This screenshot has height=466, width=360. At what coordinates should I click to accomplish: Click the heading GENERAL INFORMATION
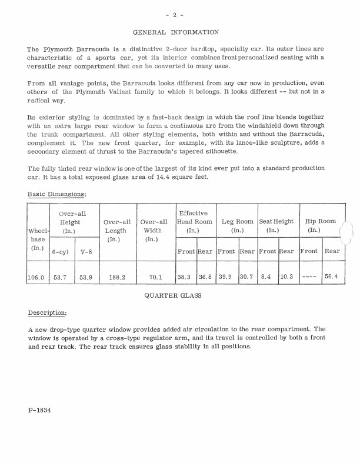pos(176,32)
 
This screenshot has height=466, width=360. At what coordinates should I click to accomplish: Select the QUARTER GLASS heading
pos(173,296)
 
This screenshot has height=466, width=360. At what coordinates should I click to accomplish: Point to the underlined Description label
pos(47,312)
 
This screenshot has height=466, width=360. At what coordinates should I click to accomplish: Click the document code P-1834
pos(39,410)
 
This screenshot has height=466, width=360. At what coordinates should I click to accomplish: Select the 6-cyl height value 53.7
pos(61,278)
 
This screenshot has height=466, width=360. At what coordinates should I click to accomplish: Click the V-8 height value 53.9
pos(85,278)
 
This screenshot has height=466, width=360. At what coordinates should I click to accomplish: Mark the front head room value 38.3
pos(185,278)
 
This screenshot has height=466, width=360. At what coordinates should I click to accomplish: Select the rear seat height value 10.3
pos(286,278)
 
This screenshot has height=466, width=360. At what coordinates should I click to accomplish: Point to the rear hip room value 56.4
pos(332,278)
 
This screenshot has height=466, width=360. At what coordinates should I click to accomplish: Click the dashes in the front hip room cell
pos(308,278)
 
